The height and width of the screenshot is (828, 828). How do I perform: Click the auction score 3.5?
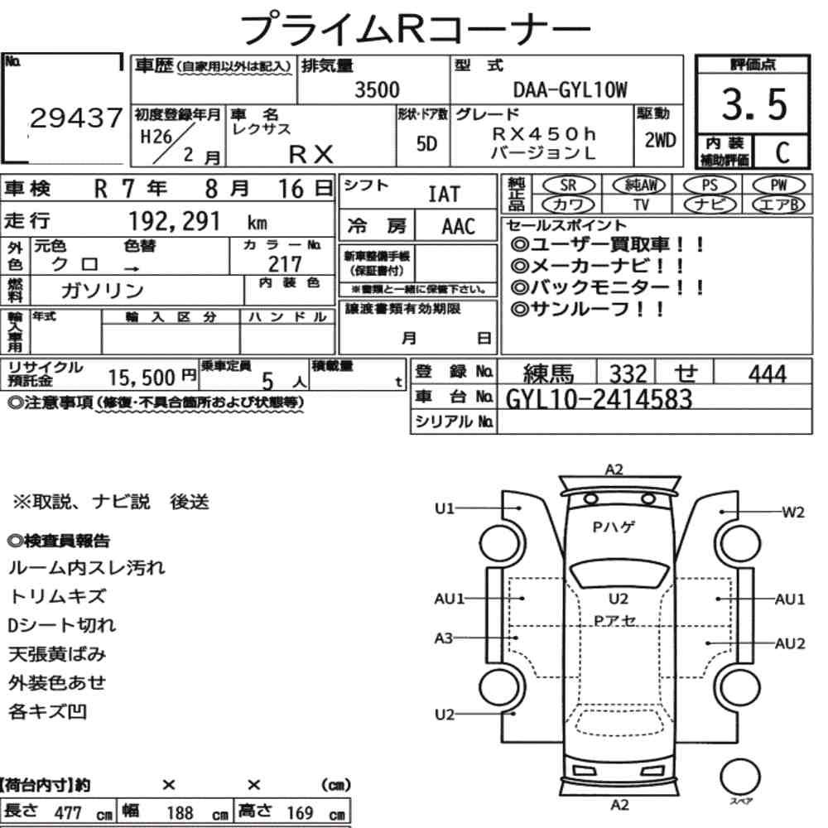tap(754, 106)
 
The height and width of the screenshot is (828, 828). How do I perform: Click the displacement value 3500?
tap(377, 90)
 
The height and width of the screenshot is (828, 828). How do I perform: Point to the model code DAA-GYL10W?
tap(570, 90)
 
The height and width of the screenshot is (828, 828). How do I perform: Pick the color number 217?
tap(285, 263)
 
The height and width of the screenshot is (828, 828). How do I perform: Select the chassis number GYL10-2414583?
tap(599, 399)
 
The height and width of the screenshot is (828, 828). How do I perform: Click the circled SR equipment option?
tap(569, 185)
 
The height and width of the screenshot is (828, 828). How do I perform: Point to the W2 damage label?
tap(792, 513)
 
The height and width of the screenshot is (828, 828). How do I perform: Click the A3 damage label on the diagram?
tap(445, 638)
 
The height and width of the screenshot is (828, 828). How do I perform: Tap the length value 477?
tap(68, 813)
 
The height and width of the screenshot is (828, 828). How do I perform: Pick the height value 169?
tap(300, 813)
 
